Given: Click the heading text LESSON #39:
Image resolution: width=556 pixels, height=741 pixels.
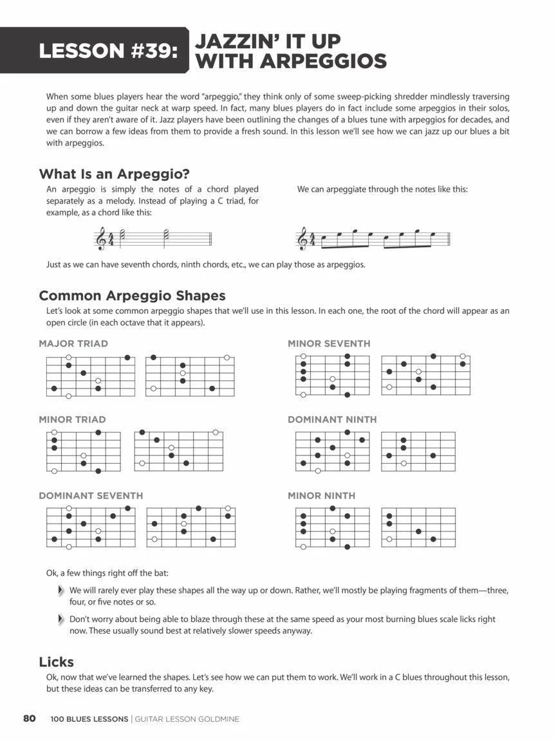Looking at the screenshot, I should click(x=108, y=51).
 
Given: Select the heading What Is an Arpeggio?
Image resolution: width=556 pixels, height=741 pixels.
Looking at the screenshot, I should click(x=118, y=174).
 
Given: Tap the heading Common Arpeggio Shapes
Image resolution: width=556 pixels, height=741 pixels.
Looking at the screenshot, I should click(x=132, y=296).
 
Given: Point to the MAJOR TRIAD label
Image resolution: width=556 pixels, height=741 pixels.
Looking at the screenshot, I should click(x=73, y=343).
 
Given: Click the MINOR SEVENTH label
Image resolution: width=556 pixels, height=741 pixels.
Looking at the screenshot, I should click(x=329, y=343).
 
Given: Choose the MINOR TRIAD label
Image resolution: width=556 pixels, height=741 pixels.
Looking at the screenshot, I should click(x=72, y=419).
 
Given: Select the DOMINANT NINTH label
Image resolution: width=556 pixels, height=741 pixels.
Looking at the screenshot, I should click(x=332, y=419).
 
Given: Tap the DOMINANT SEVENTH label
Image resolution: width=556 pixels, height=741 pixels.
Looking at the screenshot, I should click(x=91, y=496).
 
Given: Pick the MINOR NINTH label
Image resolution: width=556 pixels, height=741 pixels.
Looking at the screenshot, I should click(x=321, y=496).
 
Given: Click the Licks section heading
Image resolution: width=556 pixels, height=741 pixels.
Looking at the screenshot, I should click(x=57, y=662).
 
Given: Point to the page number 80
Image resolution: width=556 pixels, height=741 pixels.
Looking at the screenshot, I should click(x=29, y=718).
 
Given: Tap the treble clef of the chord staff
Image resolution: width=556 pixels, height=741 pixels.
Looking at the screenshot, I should click(x=101, y=239).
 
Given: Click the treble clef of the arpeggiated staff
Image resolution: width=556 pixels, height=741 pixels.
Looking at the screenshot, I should click(x=301, y=239).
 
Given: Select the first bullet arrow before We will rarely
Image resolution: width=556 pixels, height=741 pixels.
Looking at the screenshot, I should click(x=60, y=590).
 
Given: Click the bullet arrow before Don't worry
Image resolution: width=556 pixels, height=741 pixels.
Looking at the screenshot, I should click(x=60, y=619).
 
